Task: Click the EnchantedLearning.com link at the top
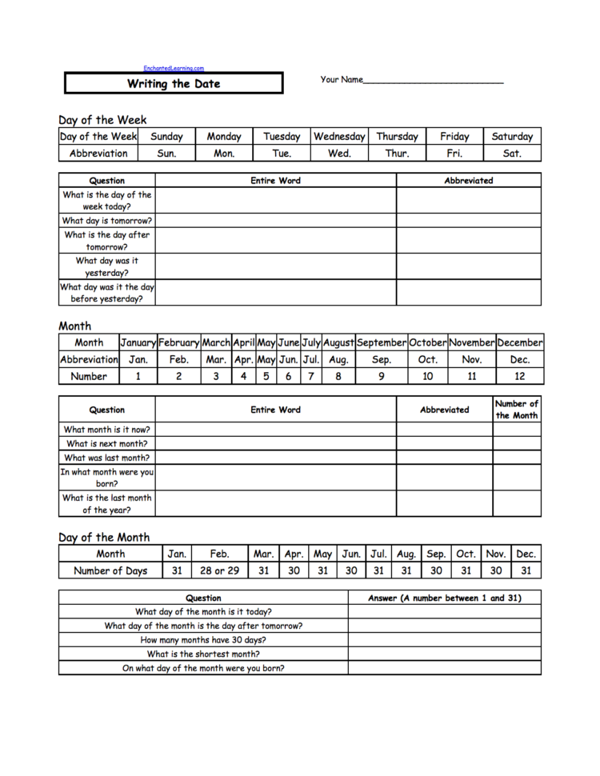[x=174, y=69]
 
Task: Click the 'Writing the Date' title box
[x=174, y=83]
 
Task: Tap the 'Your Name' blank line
[x=433, y=80]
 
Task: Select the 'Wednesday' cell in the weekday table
[x=340, y=137]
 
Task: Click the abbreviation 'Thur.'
[x=397, y=153]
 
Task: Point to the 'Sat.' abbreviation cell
[x=512, y=153]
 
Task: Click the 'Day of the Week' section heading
[x=102, y=120]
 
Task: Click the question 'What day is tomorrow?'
[x=107, y=220]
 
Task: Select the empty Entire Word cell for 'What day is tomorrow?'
[x=276, y=220]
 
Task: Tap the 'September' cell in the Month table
[x=382, y=342]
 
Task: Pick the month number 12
[x=519, y=376]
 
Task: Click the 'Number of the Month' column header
[x=517, y=410]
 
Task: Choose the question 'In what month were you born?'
[x=107, y=478]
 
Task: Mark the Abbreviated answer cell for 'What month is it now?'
[x=444, y=430]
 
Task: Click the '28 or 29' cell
[x=219, y=570]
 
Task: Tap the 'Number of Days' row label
[x=110, y=570]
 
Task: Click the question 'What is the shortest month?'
[x=203, y=654]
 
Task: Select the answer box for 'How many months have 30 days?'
[x=444, y=640]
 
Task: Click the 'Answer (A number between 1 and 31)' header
[x=444, y=598]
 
